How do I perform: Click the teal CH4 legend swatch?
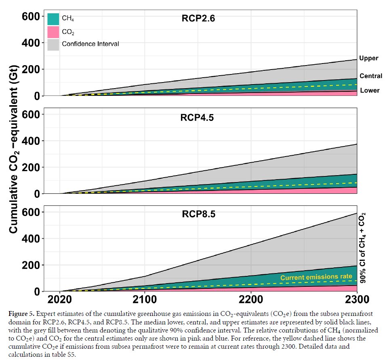[53, 18]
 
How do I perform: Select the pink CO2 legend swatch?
[53, 32]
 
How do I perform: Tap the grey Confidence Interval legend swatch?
[53, 44]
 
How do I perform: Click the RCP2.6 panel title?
[198, 19]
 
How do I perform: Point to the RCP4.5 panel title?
[198, 118]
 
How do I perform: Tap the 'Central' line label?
[370, 76]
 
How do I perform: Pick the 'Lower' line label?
[369, 91]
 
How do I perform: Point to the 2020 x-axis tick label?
[60, 301]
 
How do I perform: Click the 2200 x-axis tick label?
[251, 301]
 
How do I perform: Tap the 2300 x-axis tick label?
[356, 301]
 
